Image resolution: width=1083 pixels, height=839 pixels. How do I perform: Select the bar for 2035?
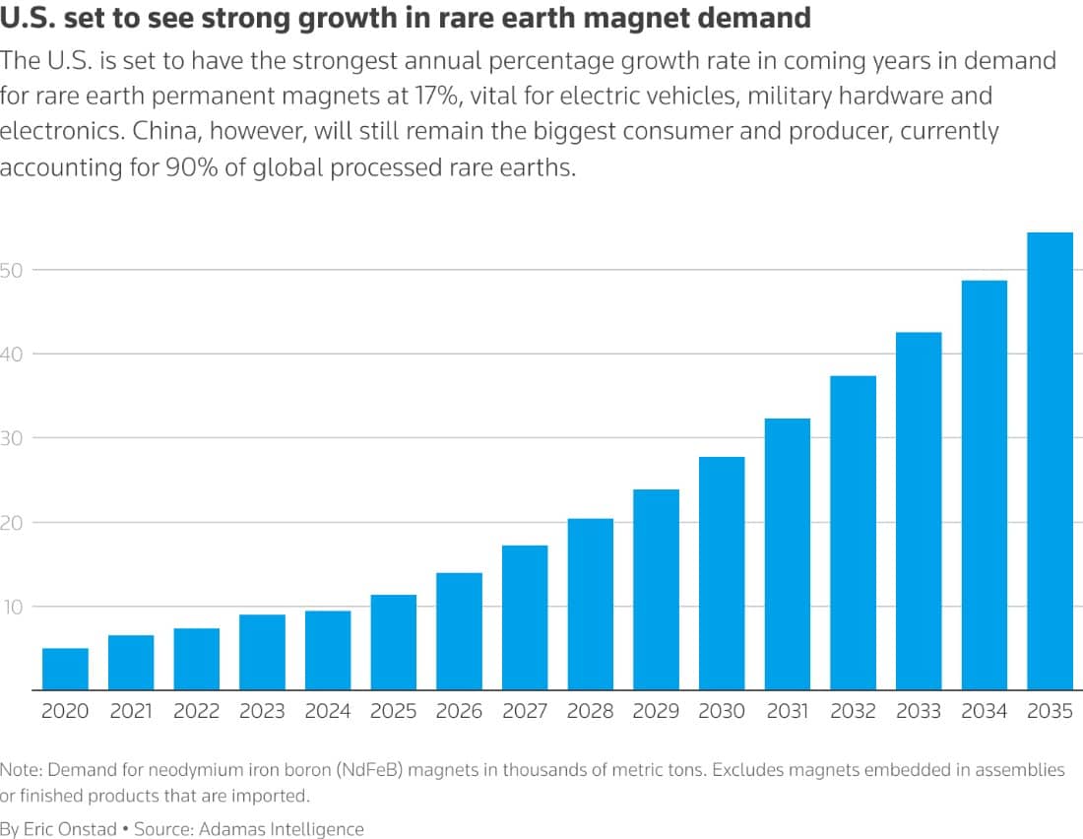tap(1050, 461)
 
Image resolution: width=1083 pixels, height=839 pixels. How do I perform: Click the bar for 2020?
tap(65, 669)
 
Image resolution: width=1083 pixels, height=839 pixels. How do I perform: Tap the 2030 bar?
tap(722, 573)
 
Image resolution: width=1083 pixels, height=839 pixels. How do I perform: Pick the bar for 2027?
tap(525, 617)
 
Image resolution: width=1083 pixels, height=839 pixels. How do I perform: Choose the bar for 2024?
tap(328, 650)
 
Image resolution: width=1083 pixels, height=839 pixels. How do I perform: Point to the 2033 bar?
tap(919, 511)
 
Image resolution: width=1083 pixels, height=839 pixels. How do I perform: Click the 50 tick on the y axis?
tap(11, 270)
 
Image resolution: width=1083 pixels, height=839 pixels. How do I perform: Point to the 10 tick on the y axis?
tap(13, 608)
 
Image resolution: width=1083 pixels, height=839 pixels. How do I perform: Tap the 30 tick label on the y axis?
tap(11, 438)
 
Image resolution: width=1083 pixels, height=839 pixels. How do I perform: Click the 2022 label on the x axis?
tap(196, 711)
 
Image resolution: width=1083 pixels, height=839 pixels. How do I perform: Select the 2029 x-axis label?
tap(656, 711)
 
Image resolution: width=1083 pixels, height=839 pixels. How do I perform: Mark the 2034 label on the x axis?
tap(985, 711)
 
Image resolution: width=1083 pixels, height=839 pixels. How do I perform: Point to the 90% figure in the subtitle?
tap(192, 168)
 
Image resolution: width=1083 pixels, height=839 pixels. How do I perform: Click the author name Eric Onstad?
tap(70, 828)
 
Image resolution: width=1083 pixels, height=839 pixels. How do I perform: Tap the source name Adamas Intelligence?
tap(282, 829)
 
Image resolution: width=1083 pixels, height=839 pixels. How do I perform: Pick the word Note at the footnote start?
tap(21, 770)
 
